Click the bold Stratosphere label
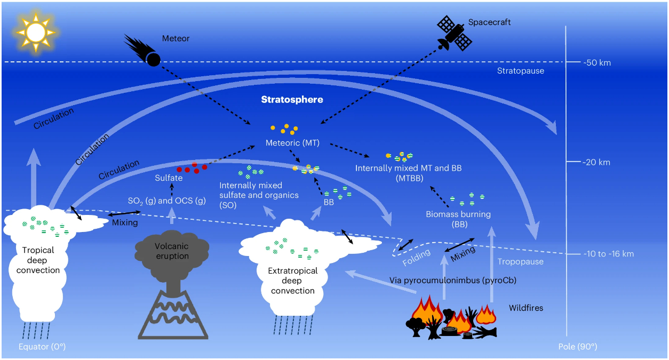pos(292,100)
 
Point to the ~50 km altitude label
pos(596,63)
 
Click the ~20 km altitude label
pos(596,163)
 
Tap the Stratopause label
pos(520,71)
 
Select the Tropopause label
pos(520,262)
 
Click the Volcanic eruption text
pos(172,251)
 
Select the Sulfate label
pos(169,178)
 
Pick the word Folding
pos(416,260)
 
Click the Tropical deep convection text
pos(38,260)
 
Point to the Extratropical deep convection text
pos(292,281)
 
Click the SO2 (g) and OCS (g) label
pos(166,201)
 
